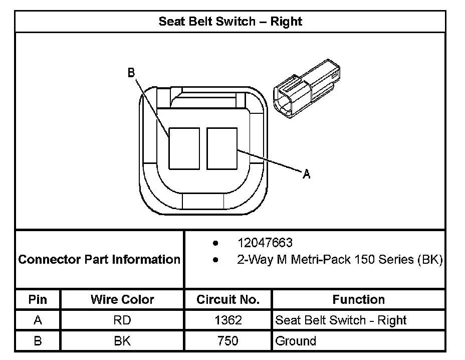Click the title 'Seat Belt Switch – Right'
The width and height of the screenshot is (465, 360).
(230, 22)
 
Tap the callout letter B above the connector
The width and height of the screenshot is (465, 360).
(131, 73)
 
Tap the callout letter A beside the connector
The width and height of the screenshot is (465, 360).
(307, 174)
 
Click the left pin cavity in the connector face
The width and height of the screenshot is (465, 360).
(184, 148)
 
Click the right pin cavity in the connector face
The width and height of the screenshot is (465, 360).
(222, 148)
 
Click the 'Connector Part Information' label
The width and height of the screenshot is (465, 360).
(99, 259)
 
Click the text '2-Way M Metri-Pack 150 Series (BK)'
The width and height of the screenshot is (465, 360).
(340, 260)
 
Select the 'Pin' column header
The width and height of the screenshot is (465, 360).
(38, 300)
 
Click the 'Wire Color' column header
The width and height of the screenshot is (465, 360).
(122, 300)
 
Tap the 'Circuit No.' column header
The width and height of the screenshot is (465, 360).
(228, 300)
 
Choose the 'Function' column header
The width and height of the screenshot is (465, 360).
(358, 300)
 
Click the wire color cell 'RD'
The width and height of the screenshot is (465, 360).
(122, 320)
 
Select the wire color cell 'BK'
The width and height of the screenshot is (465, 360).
(122, 341)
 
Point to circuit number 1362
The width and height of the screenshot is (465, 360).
(228, 320)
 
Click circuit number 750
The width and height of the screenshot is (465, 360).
(228, 341)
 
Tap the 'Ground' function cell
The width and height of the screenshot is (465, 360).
(296, 341)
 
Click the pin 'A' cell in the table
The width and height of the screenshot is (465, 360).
(38, 320)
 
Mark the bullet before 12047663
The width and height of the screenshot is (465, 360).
(215, 244)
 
